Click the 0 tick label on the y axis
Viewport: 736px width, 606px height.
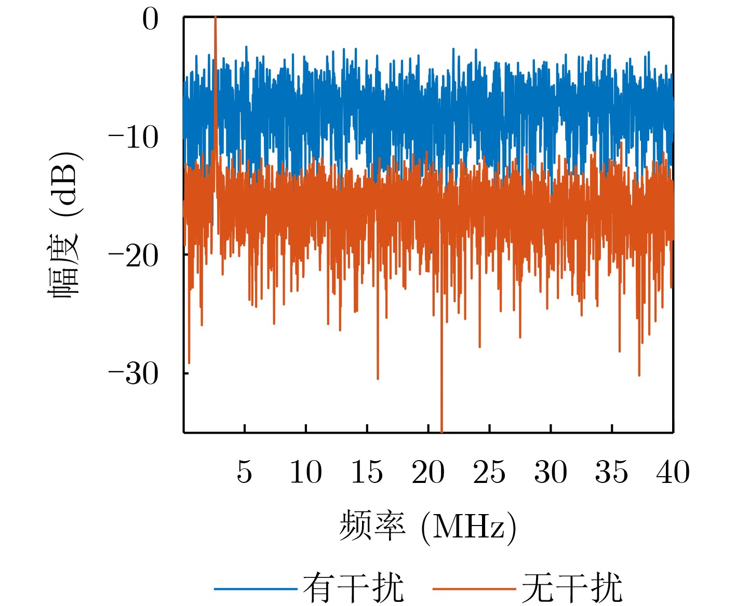[x=150, y=21]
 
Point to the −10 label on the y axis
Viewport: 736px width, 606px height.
[x=133, y=138]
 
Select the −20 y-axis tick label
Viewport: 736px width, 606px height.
[x=133, y=256]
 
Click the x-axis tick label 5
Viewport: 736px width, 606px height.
[x=244, y=472]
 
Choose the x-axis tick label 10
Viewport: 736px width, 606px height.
[x=305, y=472]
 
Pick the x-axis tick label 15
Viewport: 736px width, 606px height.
[x=367, y=472]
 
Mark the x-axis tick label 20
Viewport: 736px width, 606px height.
[x=428, y=472]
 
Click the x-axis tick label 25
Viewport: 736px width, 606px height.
[x=489, y=472]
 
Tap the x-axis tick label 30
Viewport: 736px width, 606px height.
[x=551, y=472]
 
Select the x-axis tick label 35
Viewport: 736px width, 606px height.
[x=611, y=472]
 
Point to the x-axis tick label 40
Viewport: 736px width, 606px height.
[x=673, y=472]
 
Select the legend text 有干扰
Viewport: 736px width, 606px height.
[x=353, y=588]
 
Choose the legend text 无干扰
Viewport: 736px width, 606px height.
[x=572, y=588]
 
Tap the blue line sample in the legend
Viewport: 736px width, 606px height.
[x=256, y=588]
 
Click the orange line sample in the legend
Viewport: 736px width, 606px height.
[x=474, y=588]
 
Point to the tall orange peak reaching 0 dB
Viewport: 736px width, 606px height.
[x=215, y=21]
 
